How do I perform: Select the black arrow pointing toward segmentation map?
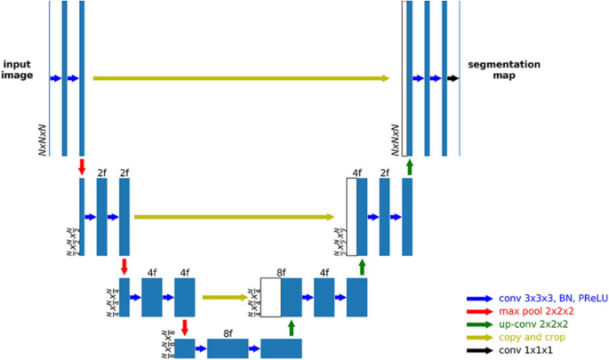(x=453, y=78)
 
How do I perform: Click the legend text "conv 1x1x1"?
(x=519, y=352)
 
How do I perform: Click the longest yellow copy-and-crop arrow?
(x=241, y=78)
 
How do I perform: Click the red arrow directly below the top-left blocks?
(x=82, y=166)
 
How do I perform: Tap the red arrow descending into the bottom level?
(x=184, y=327)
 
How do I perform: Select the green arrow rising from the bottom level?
(x=291, y=327)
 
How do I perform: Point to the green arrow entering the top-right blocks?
(x=409, y=166)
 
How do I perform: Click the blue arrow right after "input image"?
(x=55, y=78)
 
